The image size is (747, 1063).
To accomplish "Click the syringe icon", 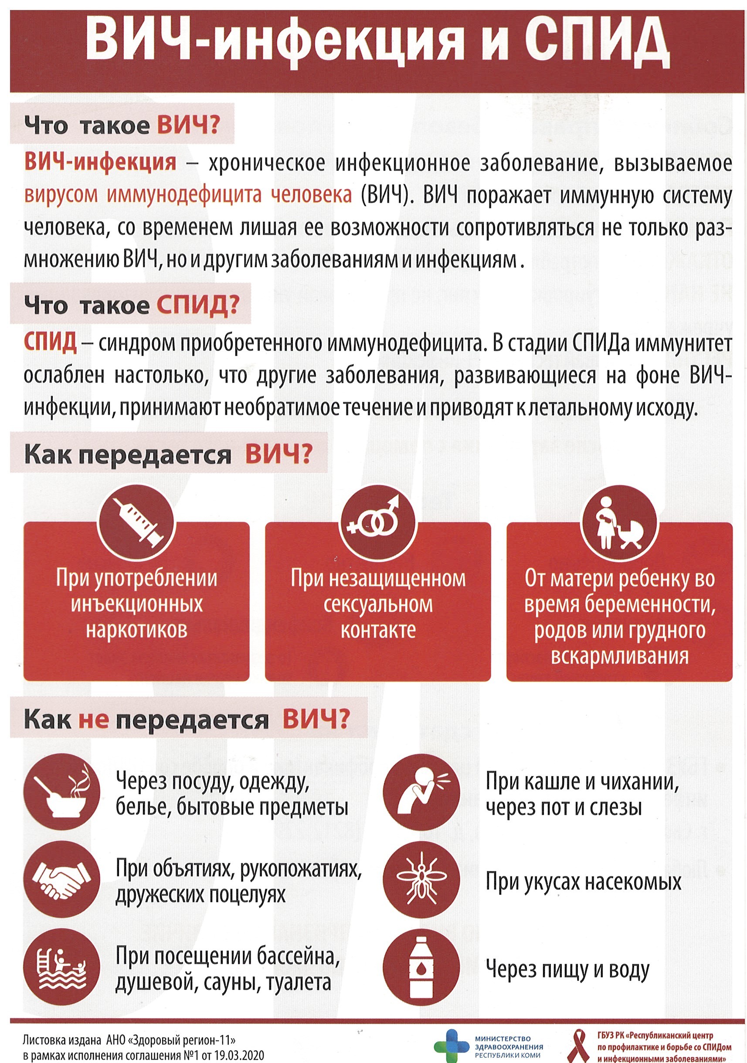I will (x=136, y=522).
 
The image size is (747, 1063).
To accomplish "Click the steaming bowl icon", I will (x=62, y=792).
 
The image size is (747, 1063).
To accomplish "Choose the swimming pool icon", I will (x=62, y=968).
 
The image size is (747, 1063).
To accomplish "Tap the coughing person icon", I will (x=421, y=792).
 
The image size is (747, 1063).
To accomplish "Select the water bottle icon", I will (x=421, y=968).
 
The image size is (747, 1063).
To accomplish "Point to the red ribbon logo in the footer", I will (x=580, y=1046).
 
